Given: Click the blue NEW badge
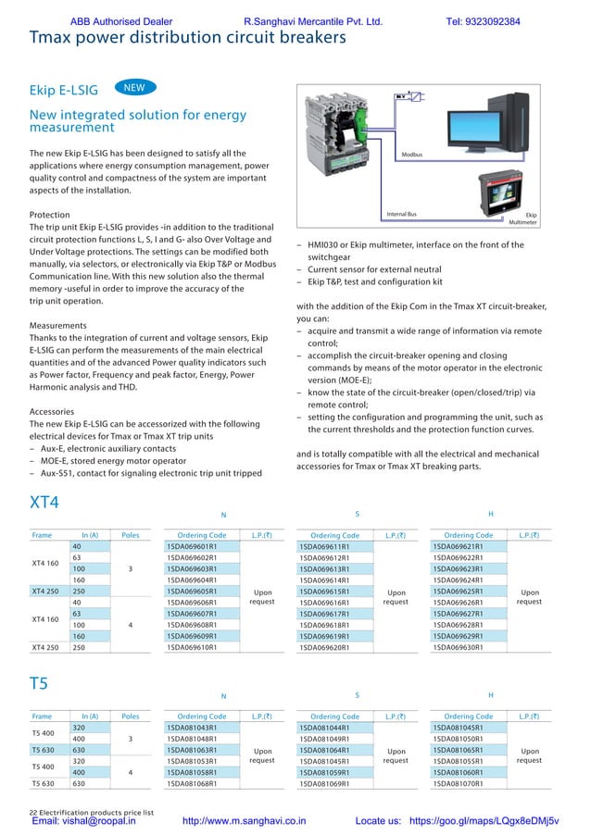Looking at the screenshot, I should [134, 87].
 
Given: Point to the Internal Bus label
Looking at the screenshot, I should [401, 215].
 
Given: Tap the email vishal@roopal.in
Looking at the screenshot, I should [84, 820].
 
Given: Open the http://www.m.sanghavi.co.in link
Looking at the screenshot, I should [245, 820].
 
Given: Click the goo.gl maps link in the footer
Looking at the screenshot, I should [484, 820].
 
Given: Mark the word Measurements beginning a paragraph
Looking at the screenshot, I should [58, 326].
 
